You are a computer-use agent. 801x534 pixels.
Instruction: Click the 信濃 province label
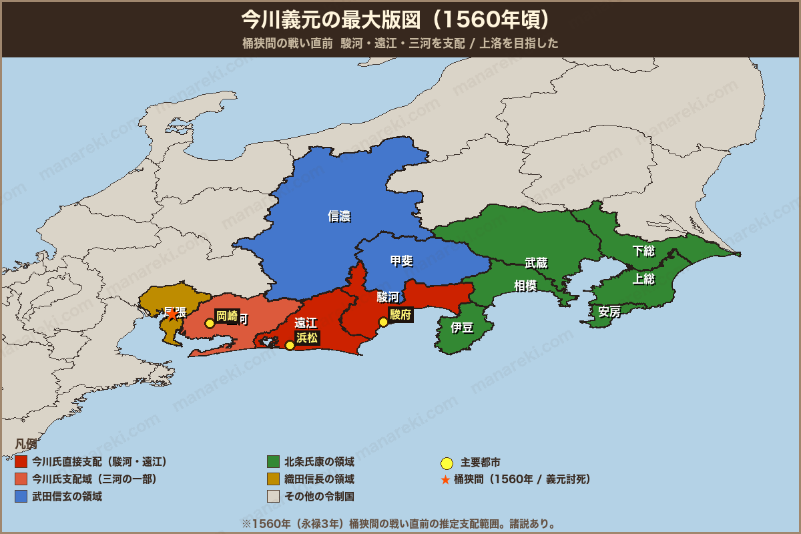339,216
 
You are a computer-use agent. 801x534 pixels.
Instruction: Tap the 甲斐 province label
401,261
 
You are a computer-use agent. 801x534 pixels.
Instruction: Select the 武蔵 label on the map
536,263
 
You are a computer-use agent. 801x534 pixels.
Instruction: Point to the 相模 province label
525,286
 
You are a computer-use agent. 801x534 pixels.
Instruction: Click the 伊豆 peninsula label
462,328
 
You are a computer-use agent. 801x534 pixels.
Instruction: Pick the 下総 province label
643,251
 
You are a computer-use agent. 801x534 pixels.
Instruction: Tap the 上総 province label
643,280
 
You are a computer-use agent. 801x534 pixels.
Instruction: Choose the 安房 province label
609,312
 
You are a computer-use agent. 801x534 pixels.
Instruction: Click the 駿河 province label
388,297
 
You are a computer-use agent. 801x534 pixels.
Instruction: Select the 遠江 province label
306,323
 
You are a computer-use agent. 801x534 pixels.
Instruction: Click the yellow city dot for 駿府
383,322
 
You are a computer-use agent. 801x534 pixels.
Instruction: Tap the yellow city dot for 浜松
290,345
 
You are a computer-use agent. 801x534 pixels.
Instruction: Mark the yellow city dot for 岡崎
210,323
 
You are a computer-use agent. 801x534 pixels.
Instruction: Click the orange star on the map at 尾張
172,314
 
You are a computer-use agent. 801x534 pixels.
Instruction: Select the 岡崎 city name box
227,316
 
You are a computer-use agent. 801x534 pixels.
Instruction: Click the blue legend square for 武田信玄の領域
21,497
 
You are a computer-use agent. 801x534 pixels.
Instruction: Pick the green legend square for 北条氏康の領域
273,462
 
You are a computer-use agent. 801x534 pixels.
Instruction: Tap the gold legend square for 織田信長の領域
273,479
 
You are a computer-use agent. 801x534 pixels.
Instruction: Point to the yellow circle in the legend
447,463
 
